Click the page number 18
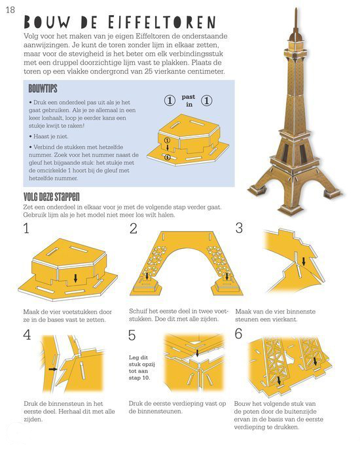click(x=10, y=10)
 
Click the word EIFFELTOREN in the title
click(x=162, y=22)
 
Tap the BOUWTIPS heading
click(x=43, y=88)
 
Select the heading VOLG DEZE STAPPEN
click(x=52, y=197)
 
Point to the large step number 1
click(x=26, y=228)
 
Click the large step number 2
click(x=134, y=228)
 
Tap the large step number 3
click(x=239, y=228)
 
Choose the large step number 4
click(x=27, y=334)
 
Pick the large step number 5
click(x=132, y=335)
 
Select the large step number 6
click(x=238, y=334)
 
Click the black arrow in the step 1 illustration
click(x=75, y=278)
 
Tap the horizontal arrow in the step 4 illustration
click(x=53, y=369)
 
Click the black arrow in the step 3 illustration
click(x=304, y=260)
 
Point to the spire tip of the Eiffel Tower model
click(x=296, y=9)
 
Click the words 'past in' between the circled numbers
click(x=189, y=101)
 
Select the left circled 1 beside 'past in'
click(x=170, y=101)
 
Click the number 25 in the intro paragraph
click(x=149, y=71)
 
